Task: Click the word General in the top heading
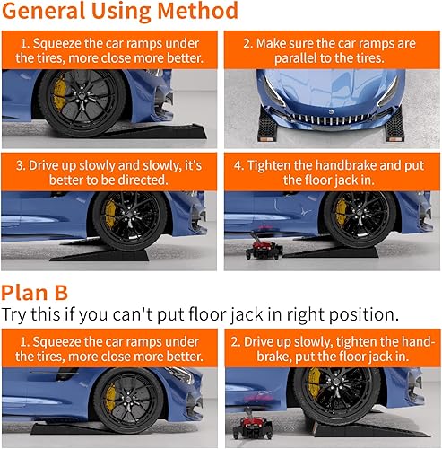coord(47,13)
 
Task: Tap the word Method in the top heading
coord(199,13)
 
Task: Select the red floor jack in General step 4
coord(262,248)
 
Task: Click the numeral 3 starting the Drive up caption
coord(20,165)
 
